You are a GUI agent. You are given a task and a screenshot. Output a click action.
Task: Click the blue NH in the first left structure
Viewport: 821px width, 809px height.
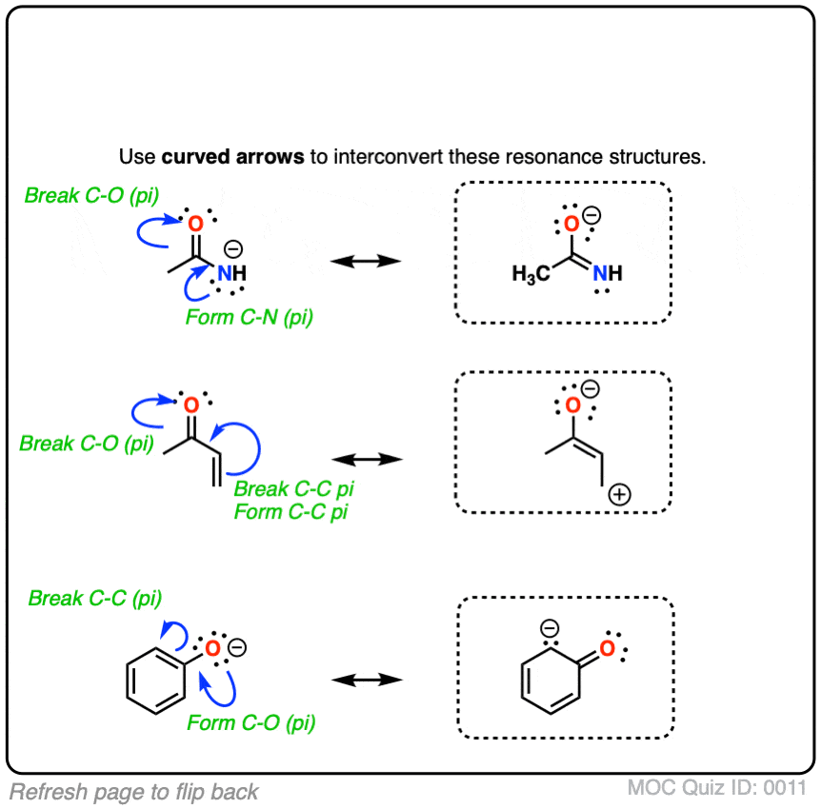point(231,273)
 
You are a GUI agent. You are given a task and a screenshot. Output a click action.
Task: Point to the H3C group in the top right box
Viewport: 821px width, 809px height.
point(531,274)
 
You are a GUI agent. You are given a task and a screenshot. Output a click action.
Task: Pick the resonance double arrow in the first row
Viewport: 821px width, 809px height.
point(362,261)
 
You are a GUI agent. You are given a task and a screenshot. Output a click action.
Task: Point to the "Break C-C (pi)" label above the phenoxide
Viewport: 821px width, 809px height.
point(95,599)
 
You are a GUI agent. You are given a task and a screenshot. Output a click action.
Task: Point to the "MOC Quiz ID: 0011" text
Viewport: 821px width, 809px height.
point(717,788)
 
